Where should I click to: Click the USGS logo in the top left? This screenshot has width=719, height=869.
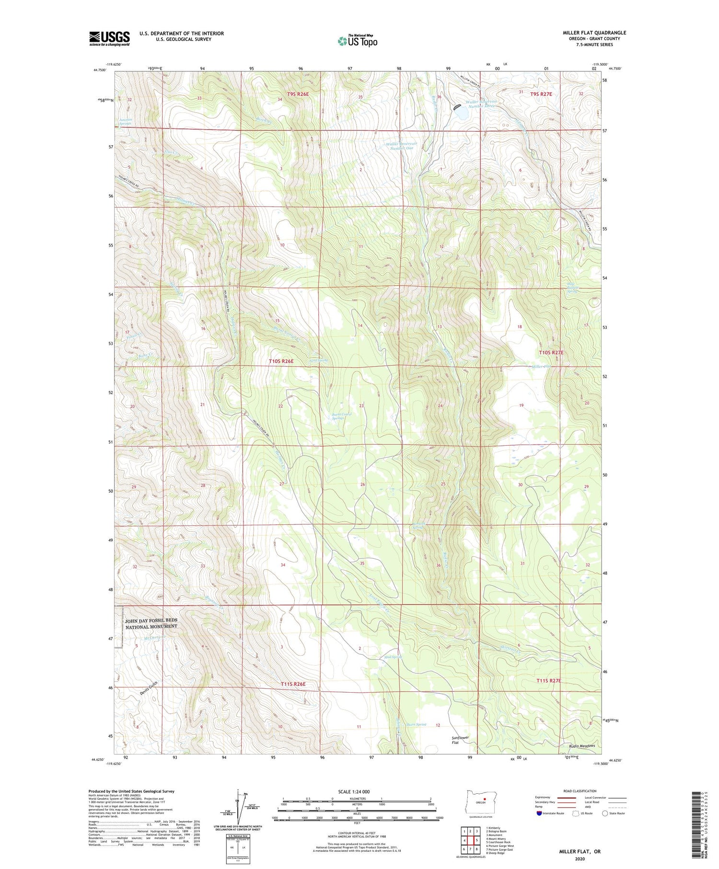click(x=109, y=38)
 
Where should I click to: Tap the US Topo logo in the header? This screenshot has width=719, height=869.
click(x=357, y=41)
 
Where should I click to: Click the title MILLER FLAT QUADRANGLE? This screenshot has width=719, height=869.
click(x=594, y=33)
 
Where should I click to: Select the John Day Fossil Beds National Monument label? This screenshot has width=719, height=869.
click(x=151, y=624)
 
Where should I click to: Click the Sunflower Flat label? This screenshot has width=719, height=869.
click(x=460, y=740)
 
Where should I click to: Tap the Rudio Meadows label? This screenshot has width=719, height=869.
click(x=582, y=746)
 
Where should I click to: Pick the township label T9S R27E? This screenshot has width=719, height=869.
click(x=541, y=94)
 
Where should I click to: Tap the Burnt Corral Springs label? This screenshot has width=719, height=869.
click(x=342, y=416)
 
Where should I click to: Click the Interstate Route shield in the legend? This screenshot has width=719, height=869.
click(x=539, y=813)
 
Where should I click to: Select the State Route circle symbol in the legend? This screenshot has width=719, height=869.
click(x=605, y=813)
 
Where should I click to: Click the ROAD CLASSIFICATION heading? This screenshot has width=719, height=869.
click(x=580, y=791)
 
